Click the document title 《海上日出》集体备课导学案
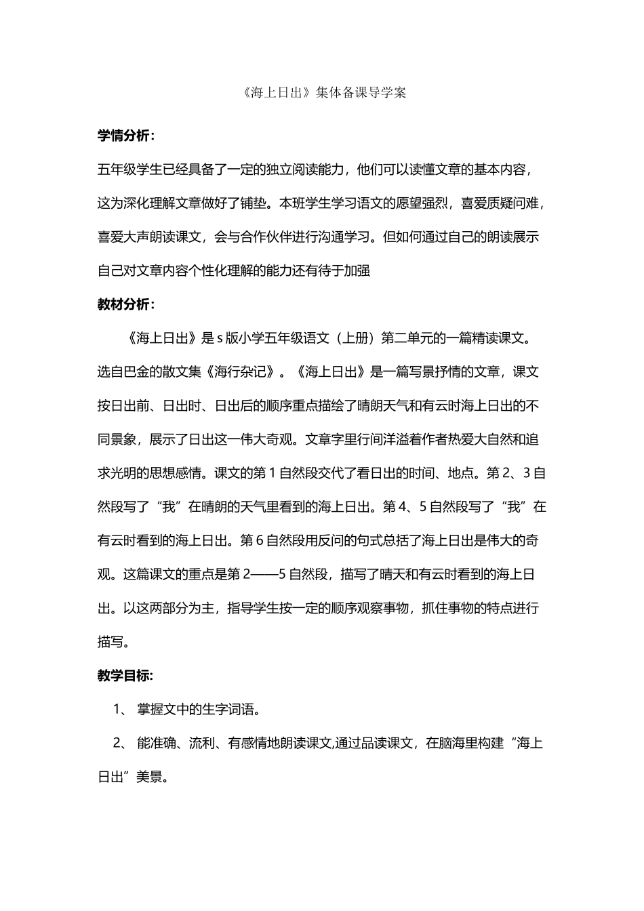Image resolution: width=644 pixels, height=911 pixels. coord(321,94)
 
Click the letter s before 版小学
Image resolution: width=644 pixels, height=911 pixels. coord(220,338)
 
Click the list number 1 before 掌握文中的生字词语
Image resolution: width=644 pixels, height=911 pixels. coord(117,710)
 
